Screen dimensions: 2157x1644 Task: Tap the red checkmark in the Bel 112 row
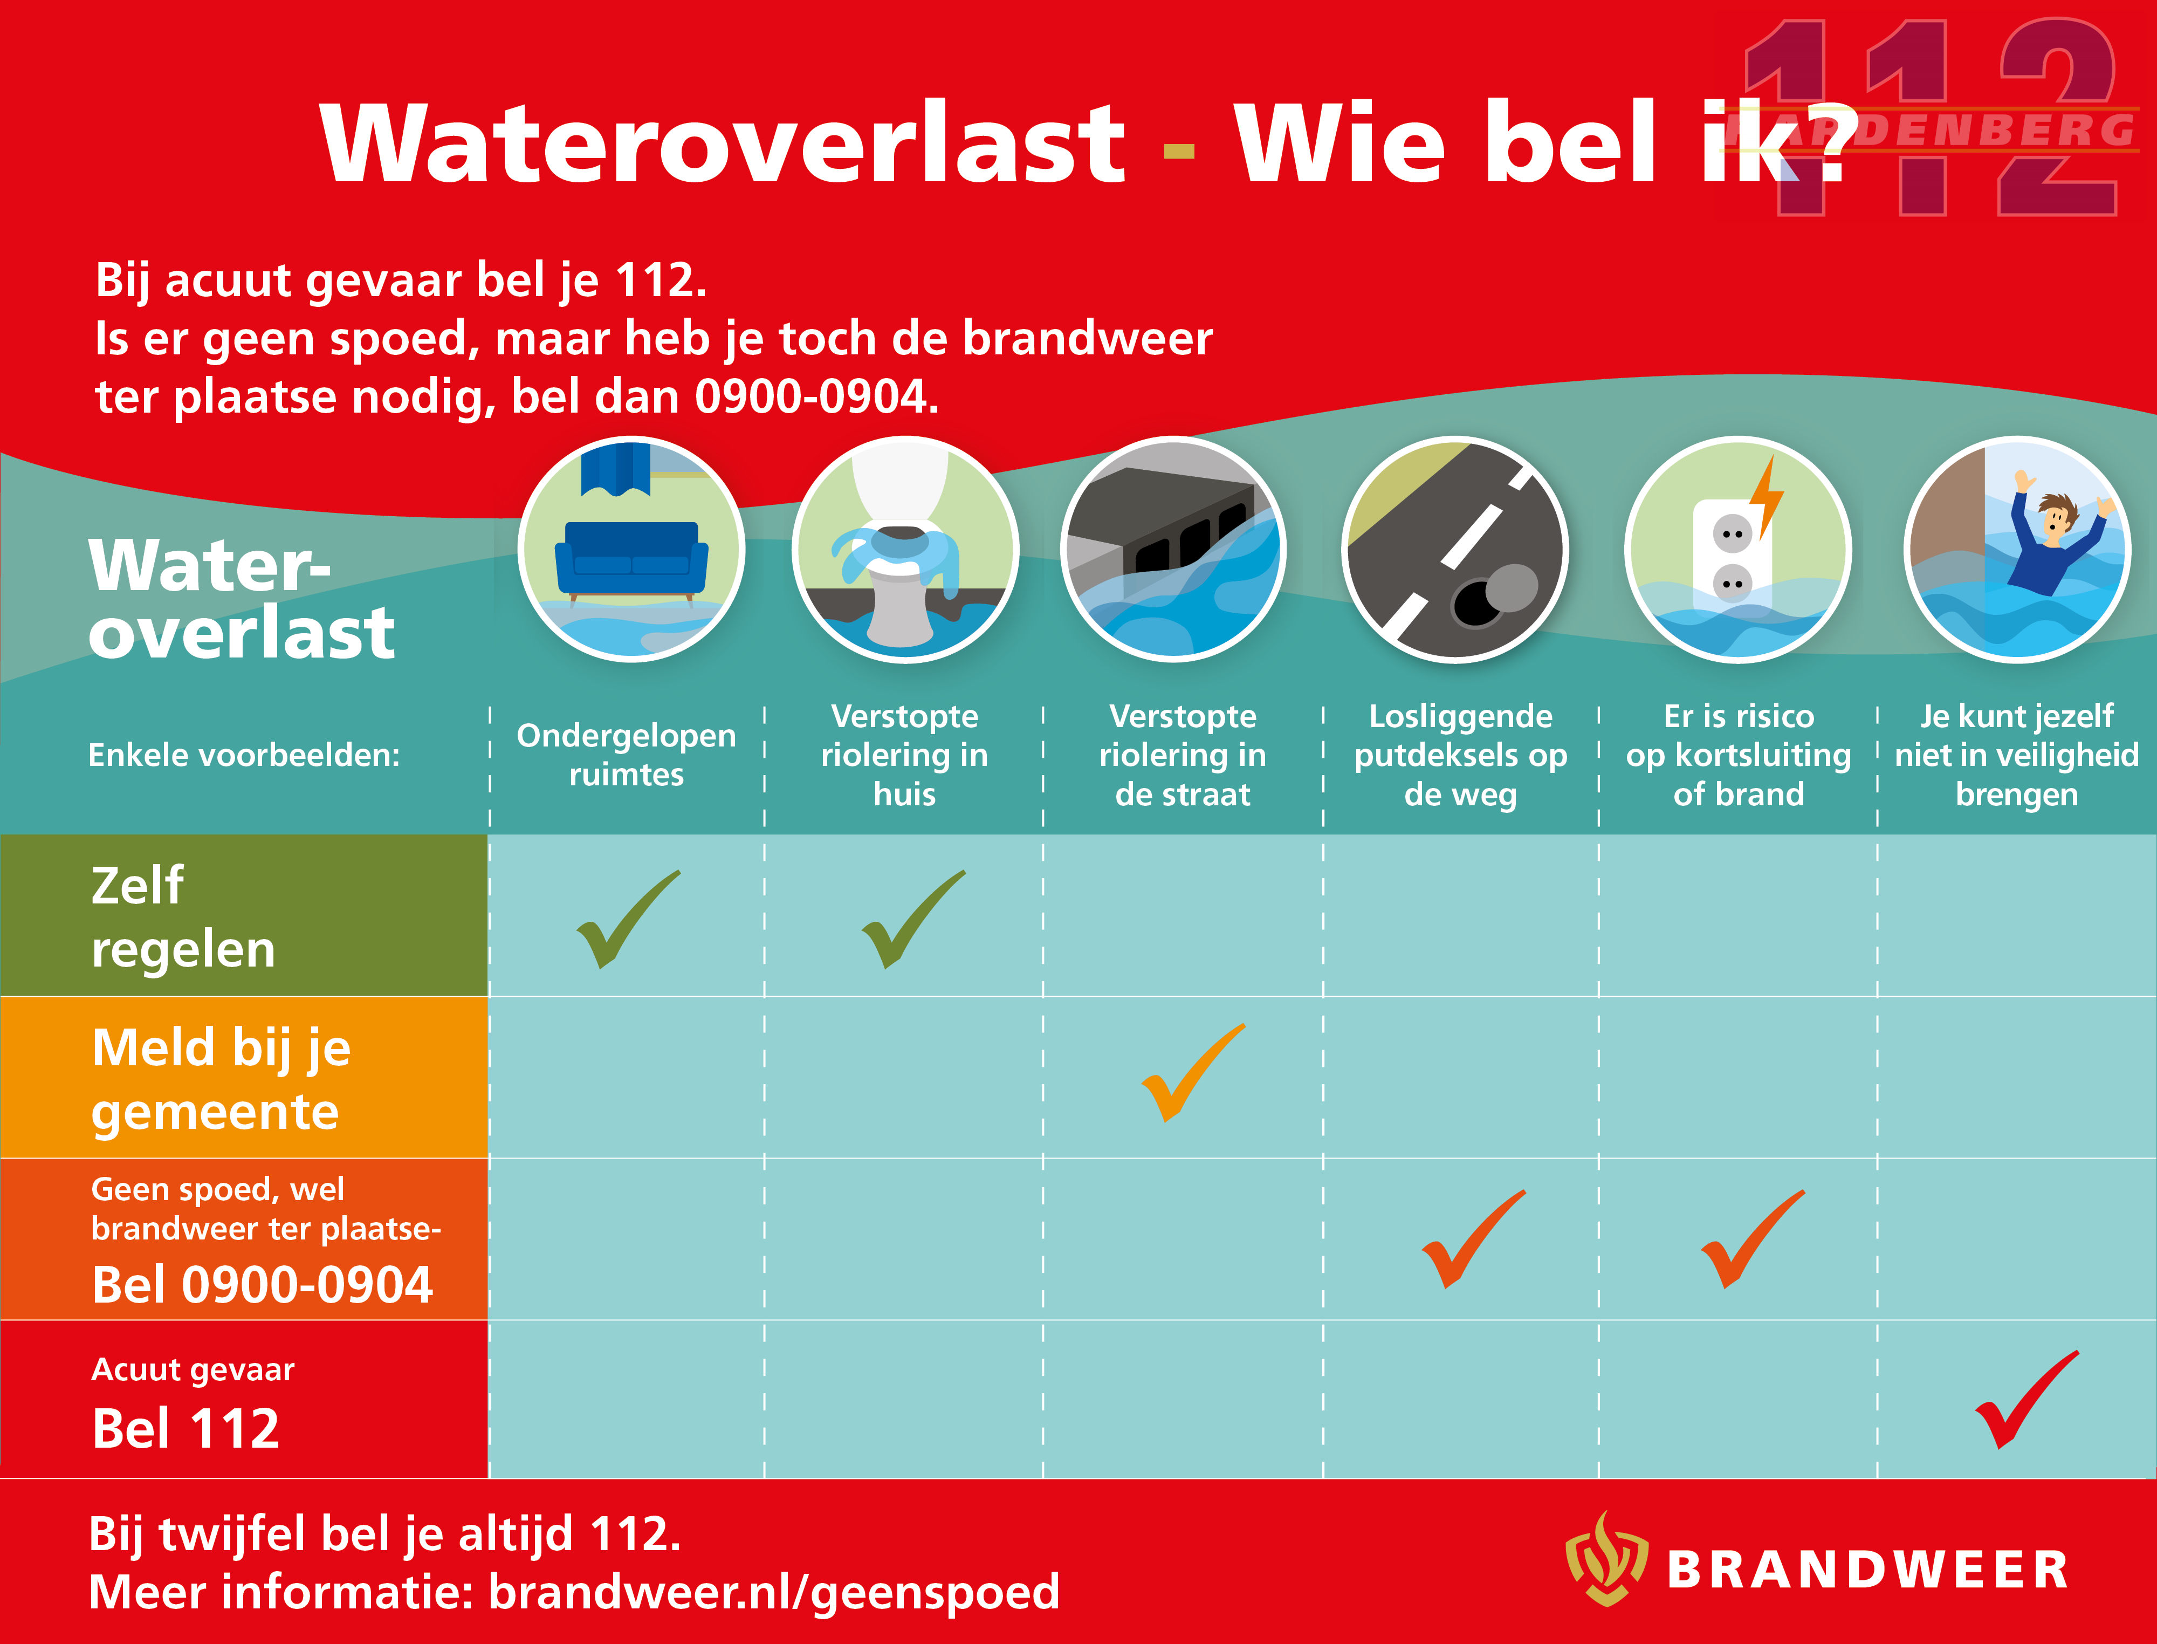2027,1399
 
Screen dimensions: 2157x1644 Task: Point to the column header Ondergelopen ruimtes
626,755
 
